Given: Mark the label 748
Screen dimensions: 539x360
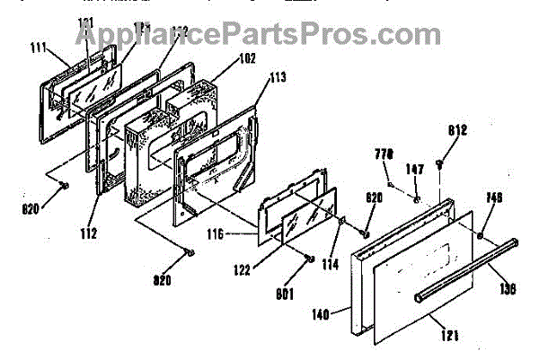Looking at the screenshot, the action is click(493, 198).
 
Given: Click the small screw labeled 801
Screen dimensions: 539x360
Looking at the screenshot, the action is click(309, 259).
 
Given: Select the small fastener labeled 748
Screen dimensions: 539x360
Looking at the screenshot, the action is click(482, 235).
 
